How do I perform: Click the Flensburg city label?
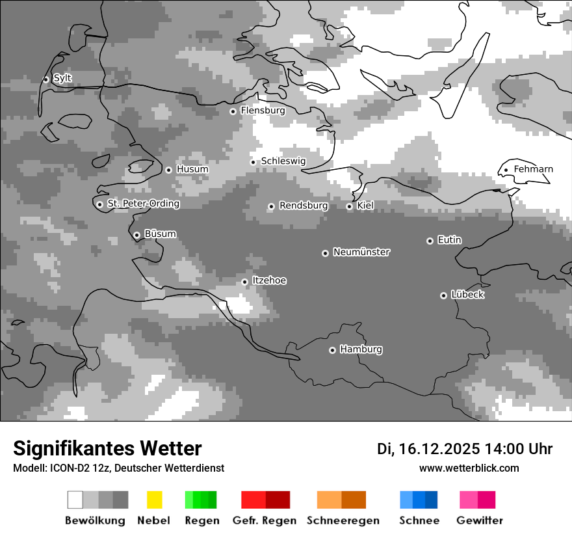pyautogui.click(x=263, y=111)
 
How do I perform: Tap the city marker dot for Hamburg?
pyautogui.click(x=332, y=350)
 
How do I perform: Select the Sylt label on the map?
pyautogui.click(x=62, y=78)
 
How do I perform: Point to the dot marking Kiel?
pyautogui.click(x=349, y=206)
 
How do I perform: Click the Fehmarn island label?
pyautogui.click(x=533, y=169)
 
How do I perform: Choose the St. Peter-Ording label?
pyautogui.click(x=143, y=204)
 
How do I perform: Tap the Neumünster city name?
pyautogui.click(x=361, y=252)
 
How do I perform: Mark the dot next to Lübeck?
pyautogui.click(x=443, y=295)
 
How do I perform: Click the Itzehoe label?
pyautogui.click(x=269, y=280)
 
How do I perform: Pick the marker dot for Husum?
pyautogui.click(x=168, y=170)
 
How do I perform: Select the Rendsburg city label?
pyautogui.click(x=304, y=206)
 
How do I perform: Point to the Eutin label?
pyautogui.click(x=449, y=240)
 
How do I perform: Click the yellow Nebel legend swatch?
pyautogui.click(x=154, y=500)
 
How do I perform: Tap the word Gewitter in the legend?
pyautogui.click(x=479, y=520)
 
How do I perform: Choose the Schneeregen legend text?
pyautogui.click(x=343, y=520)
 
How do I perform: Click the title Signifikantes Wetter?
pyautogui.click(x=107, y=448)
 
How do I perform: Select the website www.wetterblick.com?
pyautogui.click(x=469, y=468)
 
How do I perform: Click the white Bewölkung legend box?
pyautogui.click(x=75, y=500)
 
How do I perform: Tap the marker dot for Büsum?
pyautogui.click(x=136, y=235)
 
